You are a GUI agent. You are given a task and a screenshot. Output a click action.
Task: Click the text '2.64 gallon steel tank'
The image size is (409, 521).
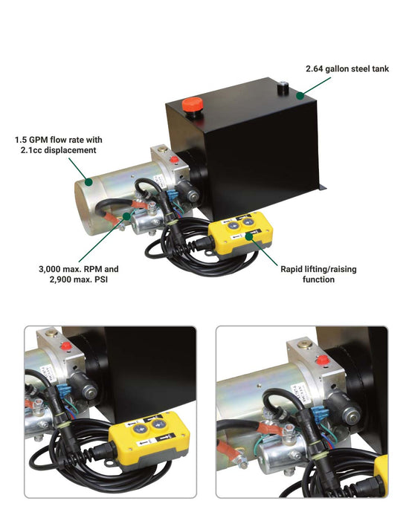pyautogui.click(x=347, y=69)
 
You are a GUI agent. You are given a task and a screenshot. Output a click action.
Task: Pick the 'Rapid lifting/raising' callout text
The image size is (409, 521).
pyautogui.click(x=318, y=268)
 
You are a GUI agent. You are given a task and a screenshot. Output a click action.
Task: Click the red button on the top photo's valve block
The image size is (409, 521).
pyautogui.click(x=174, y=158)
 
